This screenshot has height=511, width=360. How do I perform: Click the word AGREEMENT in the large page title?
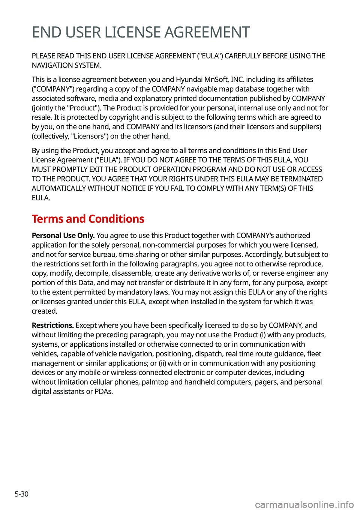(x=207, y=32)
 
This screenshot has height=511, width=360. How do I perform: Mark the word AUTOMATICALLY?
(x=58, y=188)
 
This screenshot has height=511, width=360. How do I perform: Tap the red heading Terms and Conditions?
(x=88, y=219)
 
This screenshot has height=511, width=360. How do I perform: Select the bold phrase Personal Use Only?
(x=63, y=236)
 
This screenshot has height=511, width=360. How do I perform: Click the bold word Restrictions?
(x=52, y=325)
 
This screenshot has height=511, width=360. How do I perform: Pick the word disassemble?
(x=130, y=274)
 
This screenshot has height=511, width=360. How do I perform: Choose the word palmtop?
(x=155, y=382)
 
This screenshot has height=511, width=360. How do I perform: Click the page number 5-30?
(x=22, y=494)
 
